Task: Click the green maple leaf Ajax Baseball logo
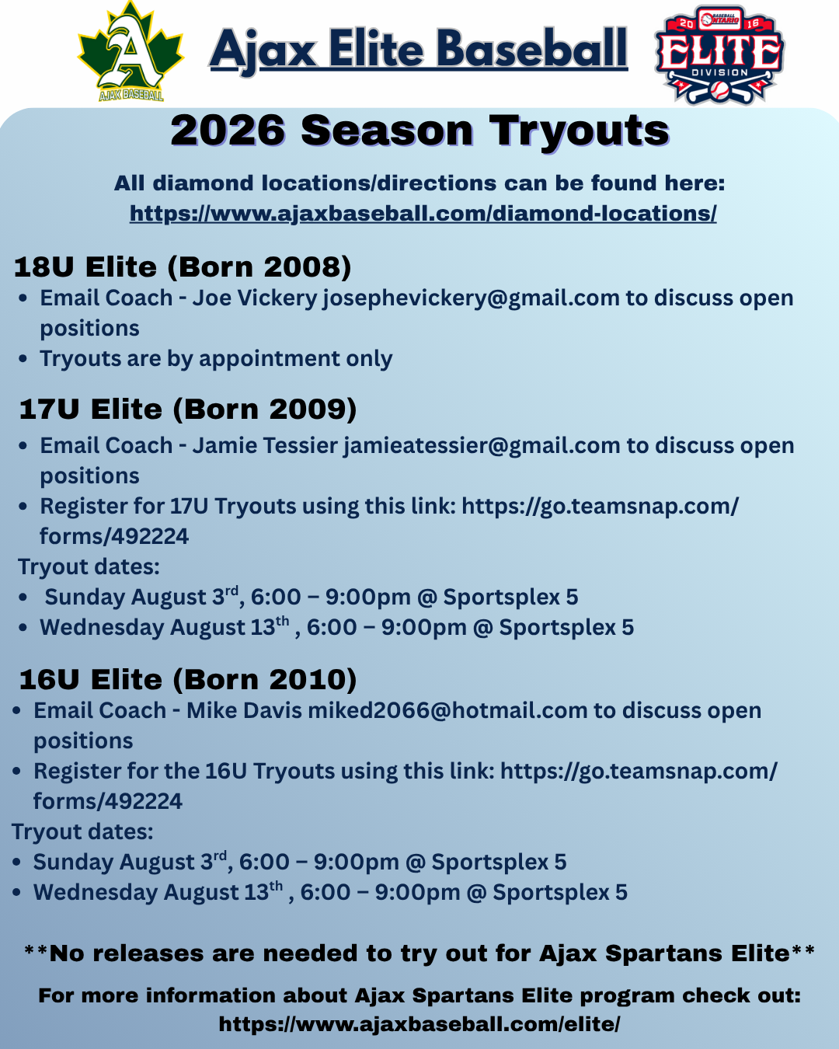point(131,51)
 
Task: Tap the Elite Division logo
point(719,55)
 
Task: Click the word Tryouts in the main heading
point(580,131)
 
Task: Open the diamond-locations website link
point(423,214)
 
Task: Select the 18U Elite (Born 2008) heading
point(183,267)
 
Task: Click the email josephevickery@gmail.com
point(471,298)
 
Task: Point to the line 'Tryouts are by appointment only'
point(216,359)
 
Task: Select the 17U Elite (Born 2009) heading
point(188,409)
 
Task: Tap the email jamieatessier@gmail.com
point(482,445)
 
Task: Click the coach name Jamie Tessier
point(265,445)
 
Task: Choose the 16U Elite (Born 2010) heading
point(188,679)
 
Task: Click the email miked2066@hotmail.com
point(447,711)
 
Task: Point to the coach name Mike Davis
point(244,711)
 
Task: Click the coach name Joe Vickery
point(255,298)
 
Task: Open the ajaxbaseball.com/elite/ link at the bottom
point(419,1023)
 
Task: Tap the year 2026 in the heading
point(228,131)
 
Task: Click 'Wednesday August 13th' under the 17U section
point(165,627)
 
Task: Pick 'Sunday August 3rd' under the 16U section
point(130,862)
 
